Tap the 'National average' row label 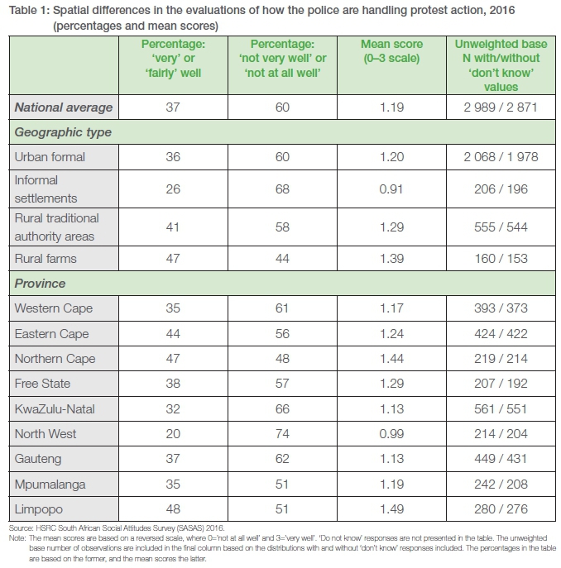(x=63, y=107)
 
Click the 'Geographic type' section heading (x=63, y=131)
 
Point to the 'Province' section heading (x=41, y=283)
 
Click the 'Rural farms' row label (x=46, y=259)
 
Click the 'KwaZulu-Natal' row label (x=55, y=408)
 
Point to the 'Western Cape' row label (x=54, y=308)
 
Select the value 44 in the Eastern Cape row (x=172, y=334)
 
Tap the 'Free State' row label (x=43, y=384)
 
